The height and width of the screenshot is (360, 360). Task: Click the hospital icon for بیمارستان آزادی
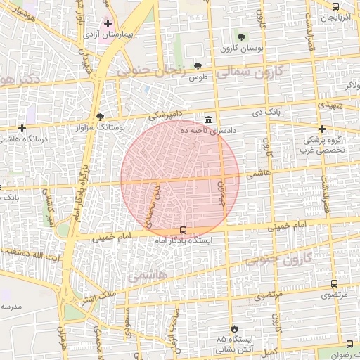108,23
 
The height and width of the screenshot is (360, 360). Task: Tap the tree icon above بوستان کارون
242,37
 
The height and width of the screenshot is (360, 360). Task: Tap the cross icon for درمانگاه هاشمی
23,128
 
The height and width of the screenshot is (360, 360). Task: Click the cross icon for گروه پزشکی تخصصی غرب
323,129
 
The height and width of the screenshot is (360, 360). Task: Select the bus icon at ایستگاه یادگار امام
184,230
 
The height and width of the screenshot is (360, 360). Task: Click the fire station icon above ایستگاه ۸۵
234,328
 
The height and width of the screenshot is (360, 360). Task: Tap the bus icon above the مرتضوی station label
334,284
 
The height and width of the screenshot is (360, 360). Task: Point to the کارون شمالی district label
250,72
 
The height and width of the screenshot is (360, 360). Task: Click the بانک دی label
268,112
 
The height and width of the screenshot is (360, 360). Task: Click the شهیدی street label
330,103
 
